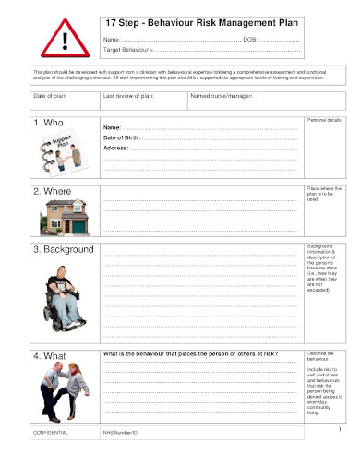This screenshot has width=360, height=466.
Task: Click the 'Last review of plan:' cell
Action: click(128, 95)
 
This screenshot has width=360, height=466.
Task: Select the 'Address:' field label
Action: click(115, 148)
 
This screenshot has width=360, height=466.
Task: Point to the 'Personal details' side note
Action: click(324, 121)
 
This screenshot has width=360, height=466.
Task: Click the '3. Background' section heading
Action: click(64, 249)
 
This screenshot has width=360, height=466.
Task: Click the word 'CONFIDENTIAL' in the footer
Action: click(50, 432)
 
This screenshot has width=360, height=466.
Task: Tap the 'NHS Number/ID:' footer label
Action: click(120, 432)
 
